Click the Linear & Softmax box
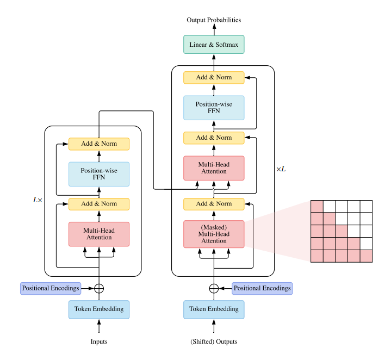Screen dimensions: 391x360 [x=214, y=45]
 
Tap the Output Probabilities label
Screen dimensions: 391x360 [x=214, y=20]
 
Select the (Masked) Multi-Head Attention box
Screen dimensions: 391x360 [x=214, y=234]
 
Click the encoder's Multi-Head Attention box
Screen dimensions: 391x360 [x=99, y=234]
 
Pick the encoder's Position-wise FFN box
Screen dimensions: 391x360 [x=99, y=174]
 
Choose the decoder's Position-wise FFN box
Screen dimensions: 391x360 [x=214, y=108]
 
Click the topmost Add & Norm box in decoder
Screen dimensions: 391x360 [x=214, y=78]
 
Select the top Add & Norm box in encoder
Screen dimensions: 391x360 [x=99, y=144]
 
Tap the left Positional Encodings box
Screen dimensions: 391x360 [x=51, y=288]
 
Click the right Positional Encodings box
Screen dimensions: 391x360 [x=262, y=288]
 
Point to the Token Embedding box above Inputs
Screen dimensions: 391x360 [x=99, y=309]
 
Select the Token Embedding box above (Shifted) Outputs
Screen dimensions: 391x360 [x=214, y=309]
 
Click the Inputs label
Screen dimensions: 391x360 [x=99, y=342]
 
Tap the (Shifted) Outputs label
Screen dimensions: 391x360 [x=214, y=342]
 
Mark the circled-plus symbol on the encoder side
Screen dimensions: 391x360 [x=99, y=288]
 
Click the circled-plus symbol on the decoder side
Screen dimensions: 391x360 [x=214, y=288]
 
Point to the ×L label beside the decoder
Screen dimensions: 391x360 [x=281, y=169]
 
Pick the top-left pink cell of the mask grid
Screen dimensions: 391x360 [x=317, y=207]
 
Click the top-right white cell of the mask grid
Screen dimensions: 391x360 [x=366, y=207]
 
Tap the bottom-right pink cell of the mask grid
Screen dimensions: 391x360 [x=366, y=256]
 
